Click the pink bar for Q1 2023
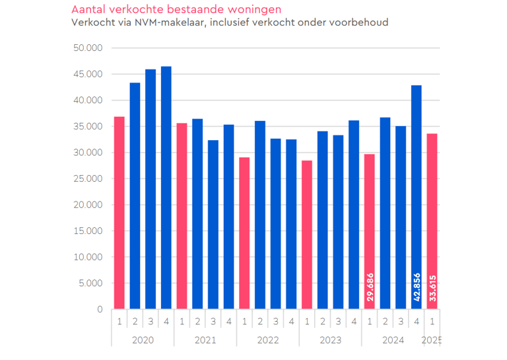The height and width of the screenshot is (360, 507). pos(307,234)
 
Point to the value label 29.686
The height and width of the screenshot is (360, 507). pos(370,288)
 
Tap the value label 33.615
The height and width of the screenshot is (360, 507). pos(432,288)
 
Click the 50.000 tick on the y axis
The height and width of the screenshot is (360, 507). pos(88,48)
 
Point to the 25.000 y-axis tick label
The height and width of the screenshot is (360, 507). pos(88,178)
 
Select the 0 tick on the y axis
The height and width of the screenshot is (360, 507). pos(100,309)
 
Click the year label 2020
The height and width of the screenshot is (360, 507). pos(143,340)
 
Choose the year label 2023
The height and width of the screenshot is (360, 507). pos(330,340)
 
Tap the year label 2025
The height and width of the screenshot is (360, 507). pos(432,340)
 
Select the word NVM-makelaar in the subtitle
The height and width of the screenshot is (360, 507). pos(153,22)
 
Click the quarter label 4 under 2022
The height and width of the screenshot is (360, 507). pos(291,322)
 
